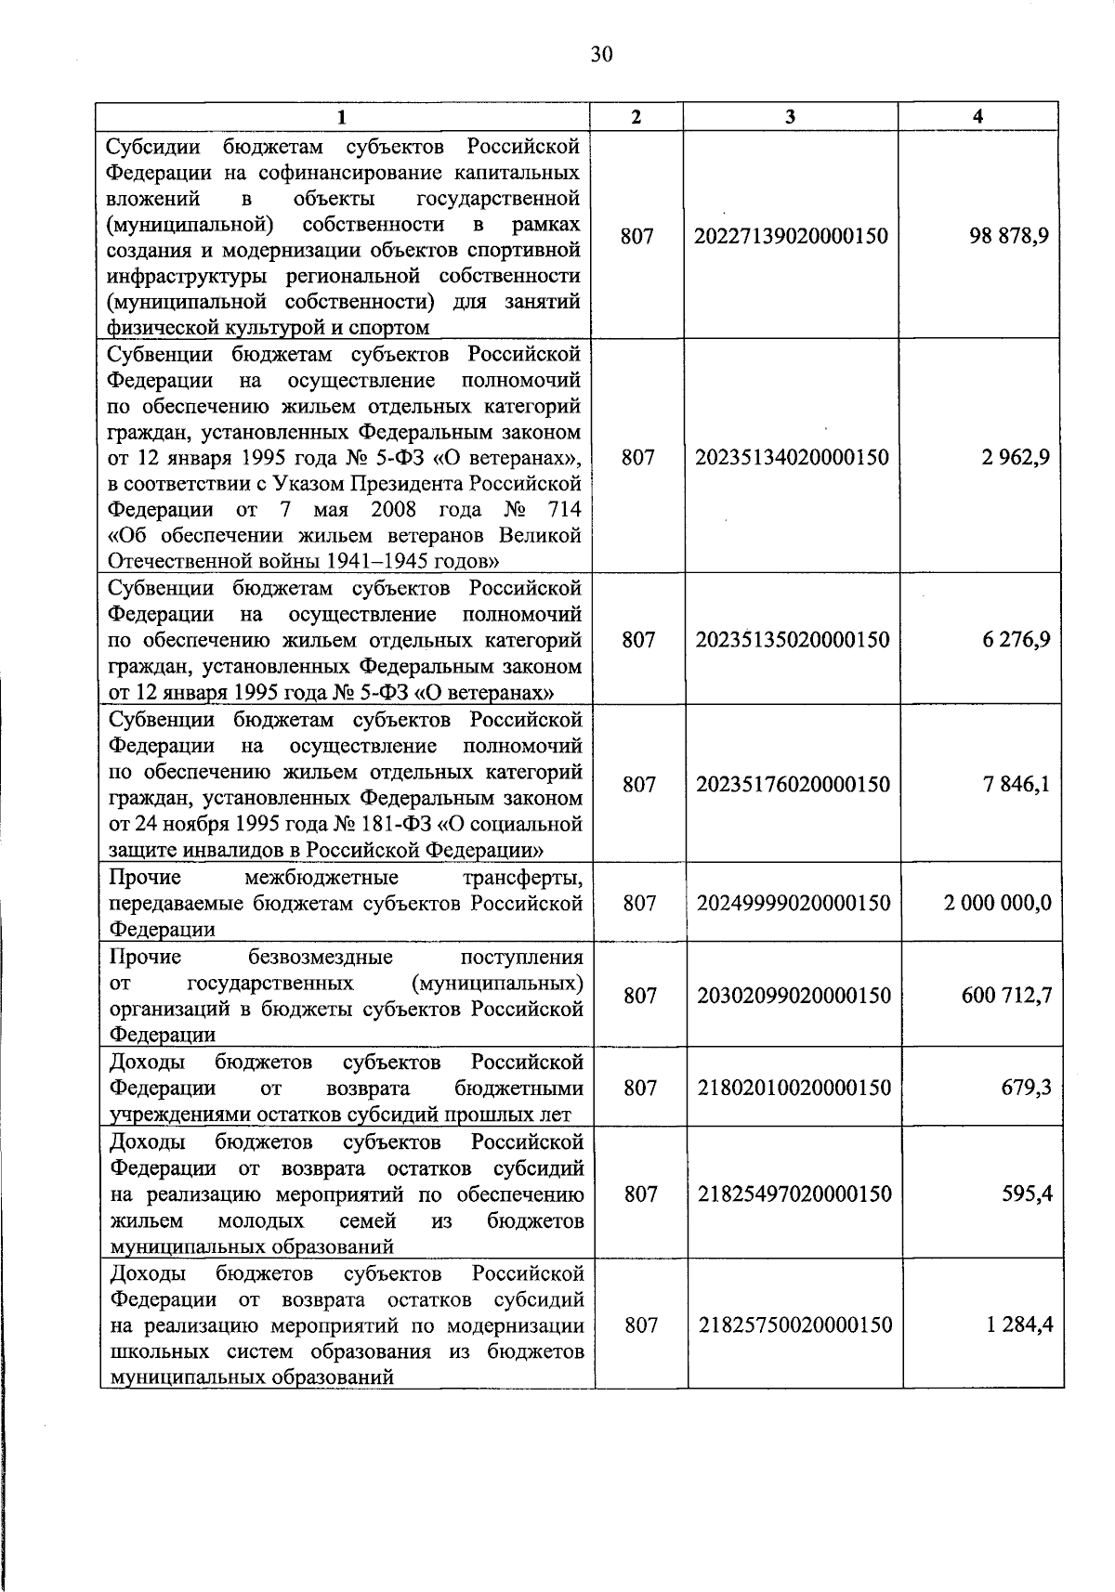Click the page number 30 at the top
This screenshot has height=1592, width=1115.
click(601, 55)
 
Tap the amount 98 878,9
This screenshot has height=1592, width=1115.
click(1009, 236)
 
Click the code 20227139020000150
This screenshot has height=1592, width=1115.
click(791, 236)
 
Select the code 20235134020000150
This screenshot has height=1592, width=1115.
click(792, 457)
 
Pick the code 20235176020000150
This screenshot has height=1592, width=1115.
click(793, 785)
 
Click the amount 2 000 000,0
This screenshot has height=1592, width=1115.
click(998, 903)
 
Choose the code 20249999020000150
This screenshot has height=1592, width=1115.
click(794, 903)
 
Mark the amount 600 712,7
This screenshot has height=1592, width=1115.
click(1006, 996)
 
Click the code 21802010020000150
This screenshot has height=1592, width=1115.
click(794, 1088)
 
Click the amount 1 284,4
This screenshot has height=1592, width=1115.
click(1019, 1325)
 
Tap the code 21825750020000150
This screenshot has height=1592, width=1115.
click(795, 1325)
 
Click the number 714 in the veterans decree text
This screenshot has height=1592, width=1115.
click(565, 510)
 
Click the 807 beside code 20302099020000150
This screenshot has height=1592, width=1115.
click(640, 996)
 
